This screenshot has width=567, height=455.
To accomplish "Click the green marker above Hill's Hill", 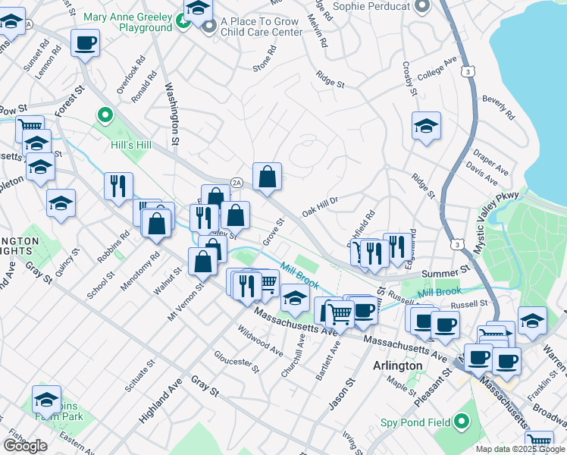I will pos(105,116).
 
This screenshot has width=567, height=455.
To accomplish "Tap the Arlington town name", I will pos(397,366).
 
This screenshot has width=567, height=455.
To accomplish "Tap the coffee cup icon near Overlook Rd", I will pos(86,42).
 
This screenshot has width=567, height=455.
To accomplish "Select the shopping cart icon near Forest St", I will pos(29,128).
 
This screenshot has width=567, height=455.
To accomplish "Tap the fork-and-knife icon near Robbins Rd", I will pos(118,186).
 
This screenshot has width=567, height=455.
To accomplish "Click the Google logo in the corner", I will pos(25,446).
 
